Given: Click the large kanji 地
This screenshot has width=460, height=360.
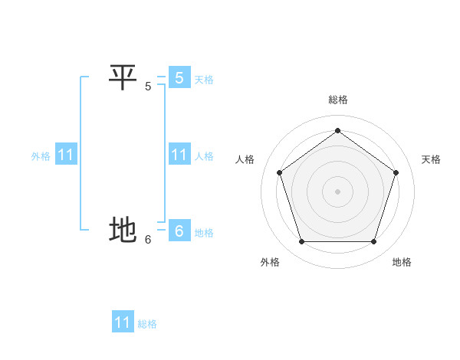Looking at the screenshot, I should [x=123, y=230].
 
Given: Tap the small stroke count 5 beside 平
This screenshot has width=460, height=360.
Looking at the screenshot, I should [x=148, y=87].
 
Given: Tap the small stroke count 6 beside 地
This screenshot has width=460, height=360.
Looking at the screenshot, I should [x=148, y=240].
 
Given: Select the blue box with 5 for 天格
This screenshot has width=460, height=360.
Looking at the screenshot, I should [x=179, y=77].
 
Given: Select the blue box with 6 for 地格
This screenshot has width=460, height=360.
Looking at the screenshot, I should [x=179, y=231].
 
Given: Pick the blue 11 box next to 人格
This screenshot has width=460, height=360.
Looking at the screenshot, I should [x=179, y=155].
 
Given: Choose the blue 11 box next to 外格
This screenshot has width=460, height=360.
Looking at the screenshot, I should [x=65, y=155].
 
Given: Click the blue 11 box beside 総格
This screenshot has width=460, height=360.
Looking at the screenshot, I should [x=122, y=322].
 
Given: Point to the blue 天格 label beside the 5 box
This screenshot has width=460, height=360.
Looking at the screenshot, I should [x=204, y=80].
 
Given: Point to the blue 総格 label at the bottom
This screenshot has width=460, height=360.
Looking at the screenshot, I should [x=147, y=324].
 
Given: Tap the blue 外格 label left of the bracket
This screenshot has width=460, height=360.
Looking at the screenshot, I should [x=41, y=156].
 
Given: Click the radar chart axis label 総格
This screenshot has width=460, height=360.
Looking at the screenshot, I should [x=337, y=100].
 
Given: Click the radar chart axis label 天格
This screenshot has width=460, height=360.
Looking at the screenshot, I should [x=431, y=159].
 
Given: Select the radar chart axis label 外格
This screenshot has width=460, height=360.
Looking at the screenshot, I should [x=270, y=262].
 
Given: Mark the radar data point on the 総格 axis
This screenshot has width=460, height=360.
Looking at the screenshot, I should [x=337, y=131].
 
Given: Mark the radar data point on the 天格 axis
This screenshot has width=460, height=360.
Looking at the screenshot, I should [x=396, y=172].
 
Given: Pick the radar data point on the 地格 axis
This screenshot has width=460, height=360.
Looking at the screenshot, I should [x=373, y=241].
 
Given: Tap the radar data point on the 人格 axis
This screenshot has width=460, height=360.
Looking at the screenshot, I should [x=279, y=172].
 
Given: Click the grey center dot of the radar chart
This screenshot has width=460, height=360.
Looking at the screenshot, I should [x=337, y=191].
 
